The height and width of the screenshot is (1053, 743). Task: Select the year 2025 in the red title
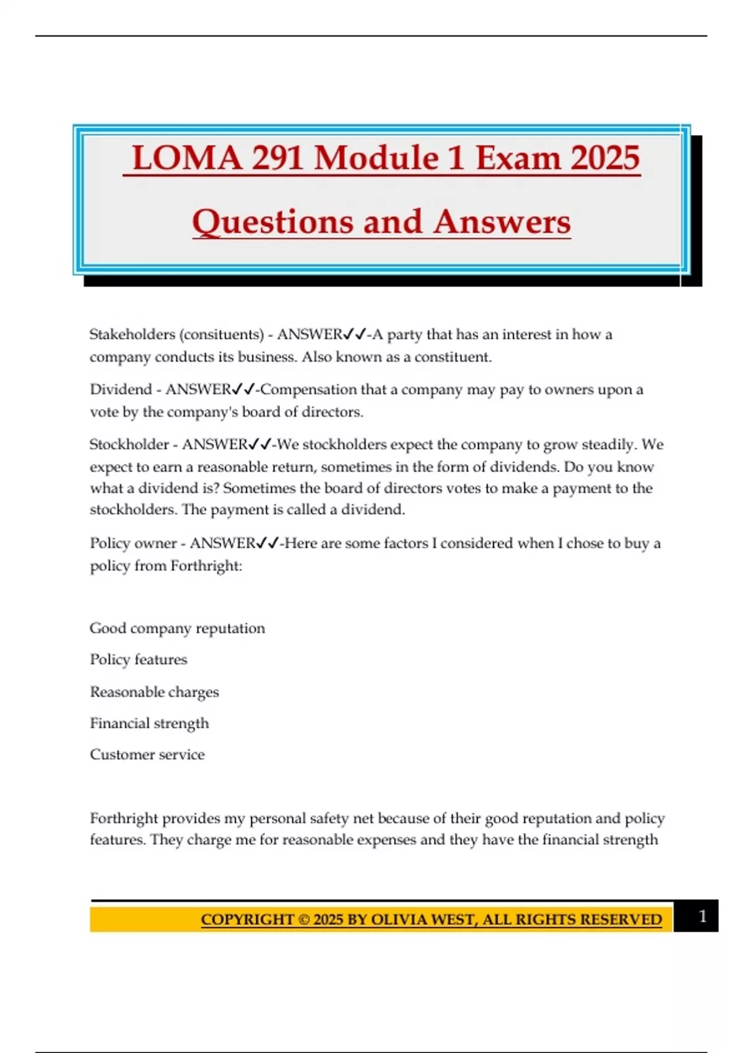tap(605, 158)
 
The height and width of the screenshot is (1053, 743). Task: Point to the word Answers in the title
tap(502, 222)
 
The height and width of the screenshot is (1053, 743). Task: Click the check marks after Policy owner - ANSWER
tap(267, 543)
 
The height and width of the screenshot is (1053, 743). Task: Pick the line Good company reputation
tap(177, 628)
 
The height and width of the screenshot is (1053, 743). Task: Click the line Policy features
tap(138, 660)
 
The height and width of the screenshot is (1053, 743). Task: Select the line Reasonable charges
tap(154, 692)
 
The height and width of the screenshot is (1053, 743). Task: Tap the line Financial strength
tap(149, 723)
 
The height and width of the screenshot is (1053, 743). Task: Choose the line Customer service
tap(147, 754)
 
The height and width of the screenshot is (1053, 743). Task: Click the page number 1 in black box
tap(702, 916)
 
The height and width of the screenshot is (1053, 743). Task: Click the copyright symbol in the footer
tap(304, 920)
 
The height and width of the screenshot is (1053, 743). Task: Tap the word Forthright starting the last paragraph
tap(123, 819)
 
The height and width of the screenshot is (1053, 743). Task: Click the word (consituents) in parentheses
tap(222, 334)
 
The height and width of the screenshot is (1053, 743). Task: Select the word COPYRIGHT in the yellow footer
tap(247, 920)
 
